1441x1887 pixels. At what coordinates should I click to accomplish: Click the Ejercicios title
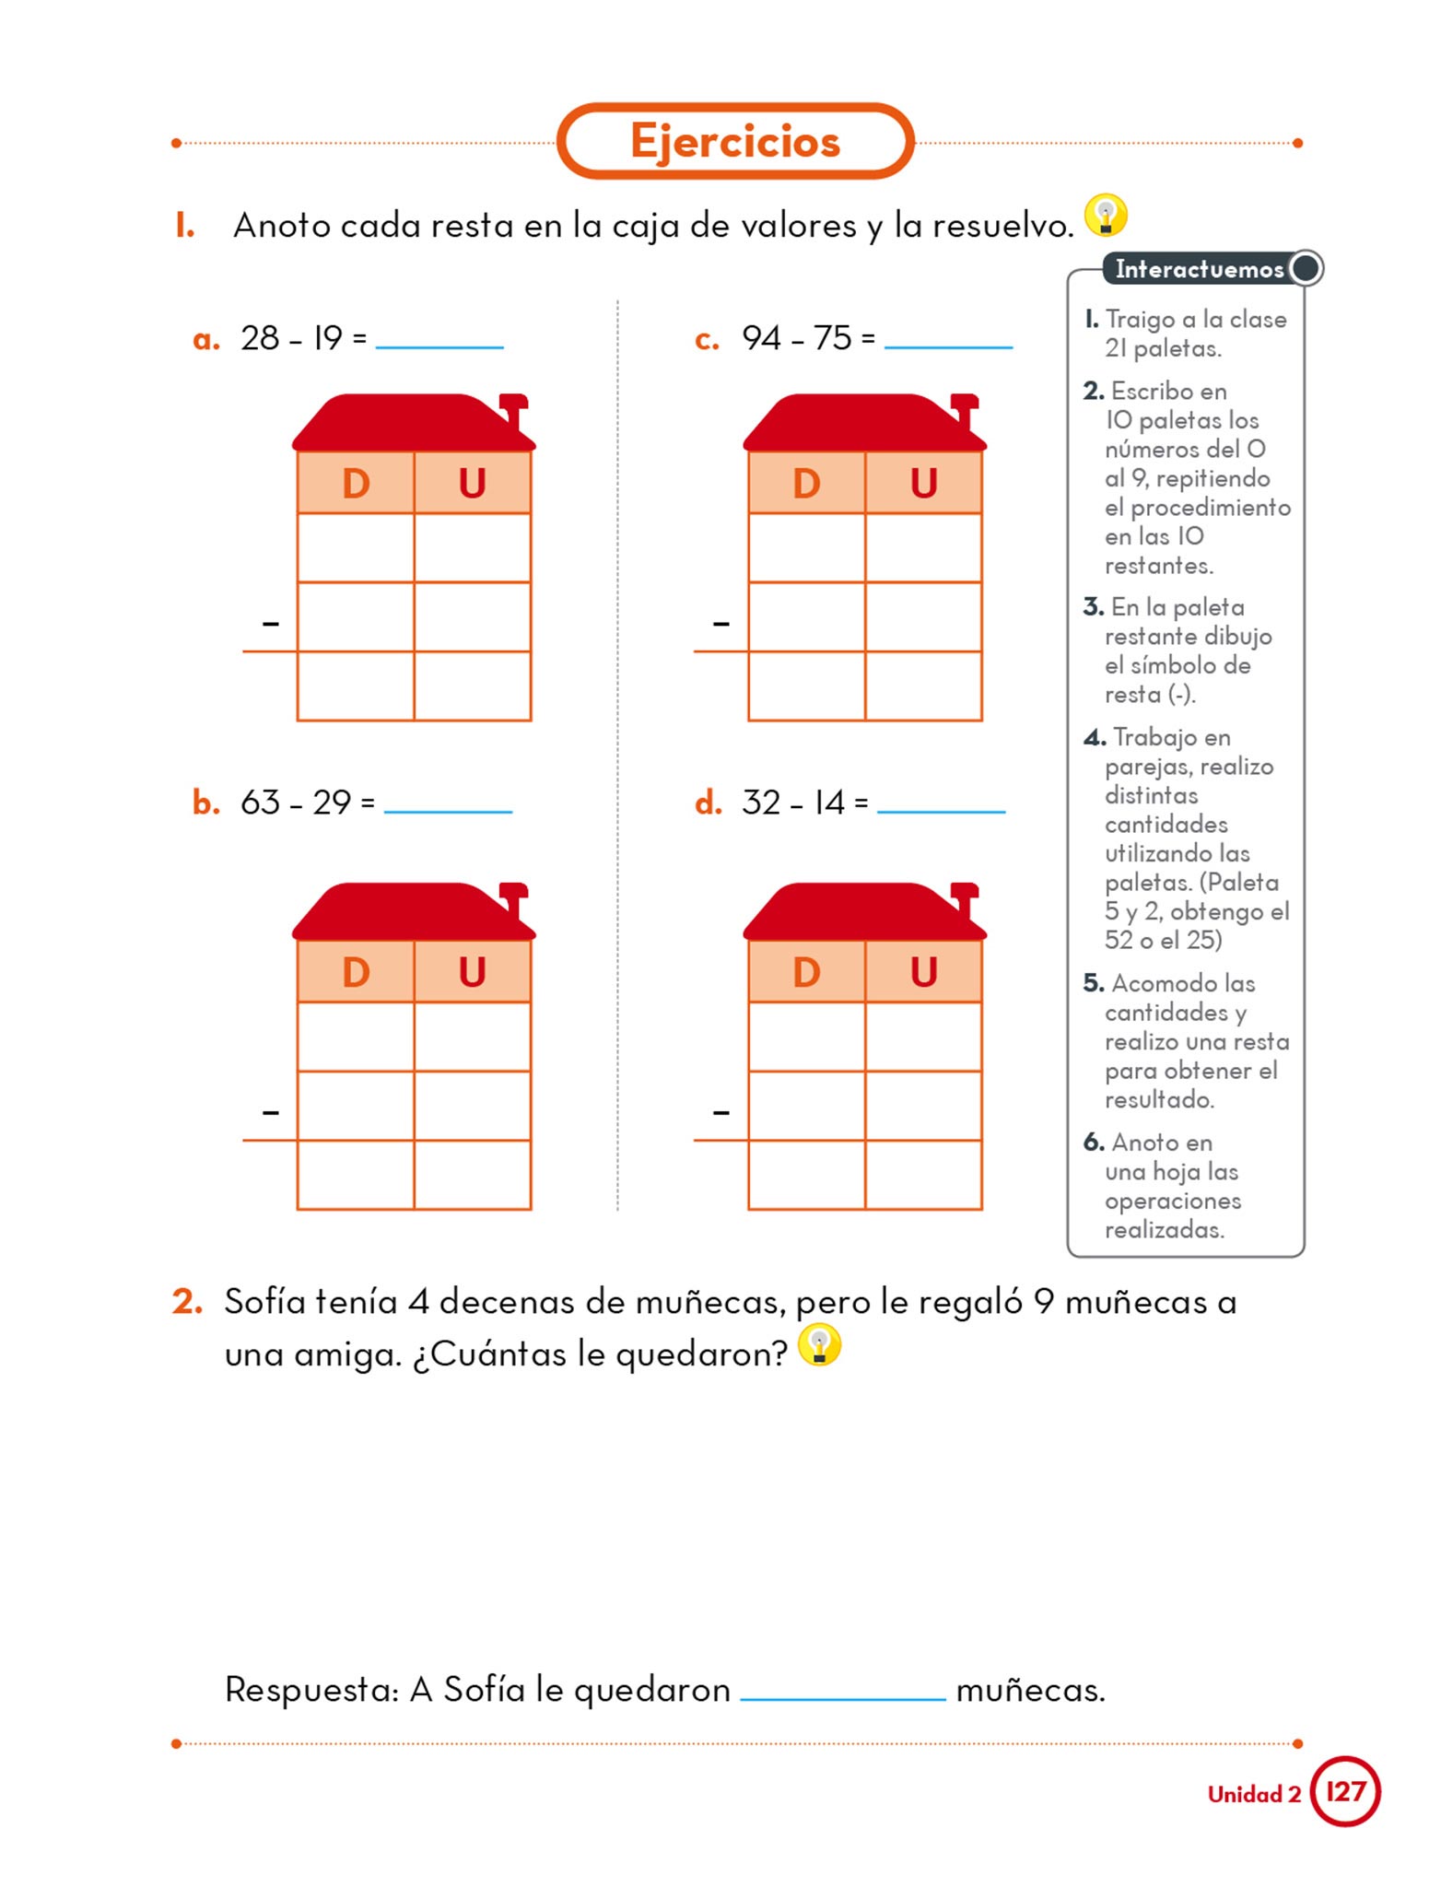point(735,141)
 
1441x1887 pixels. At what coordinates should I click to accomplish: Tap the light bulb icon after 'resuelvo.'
point(1106,216)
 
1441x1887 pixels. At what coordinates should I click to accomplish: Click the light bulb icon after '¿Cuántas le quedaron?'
point(819,1345)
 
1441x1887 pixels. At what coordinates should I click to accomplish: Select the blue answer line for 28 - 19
point(439,347)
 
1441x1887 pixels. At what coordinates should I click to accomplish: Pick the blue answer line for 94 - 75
point(948,347)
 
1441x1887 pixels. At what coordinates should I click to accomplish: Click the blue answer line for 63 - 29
point(448,812)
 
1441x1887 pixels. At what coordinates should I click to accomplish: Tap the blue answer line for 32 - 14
point(942,812)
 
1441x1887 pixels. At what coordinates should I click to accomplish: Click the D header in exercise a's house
point(356,483)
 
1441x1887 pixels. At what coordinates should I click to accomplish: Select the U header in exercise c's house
point(924,483)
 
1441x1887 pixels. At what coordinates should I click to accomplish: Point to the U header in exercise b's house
point(473,972)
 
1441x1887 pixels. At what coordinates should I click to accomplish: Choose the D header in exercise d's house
point(807,972)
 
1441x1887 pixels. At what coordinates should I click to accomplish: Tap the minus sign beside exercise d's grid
point(721,1113)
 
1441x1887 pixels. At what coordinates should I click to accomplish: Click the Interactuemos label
point(1200,269)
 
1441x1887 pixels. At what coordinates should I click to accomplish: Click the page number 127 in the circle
point(1345,1791)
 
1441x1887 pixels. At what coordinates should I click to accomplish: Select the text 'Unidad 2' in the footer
point(1254,1794)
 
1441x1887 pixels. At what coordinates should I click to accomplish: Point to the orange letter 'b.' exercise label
point(206,803)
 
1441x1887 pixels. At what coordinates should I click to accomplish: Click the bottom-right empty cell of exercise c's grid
point(923,686)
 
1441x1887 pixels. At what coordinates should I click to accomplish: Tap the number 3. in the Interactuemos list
point(1094,606)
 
